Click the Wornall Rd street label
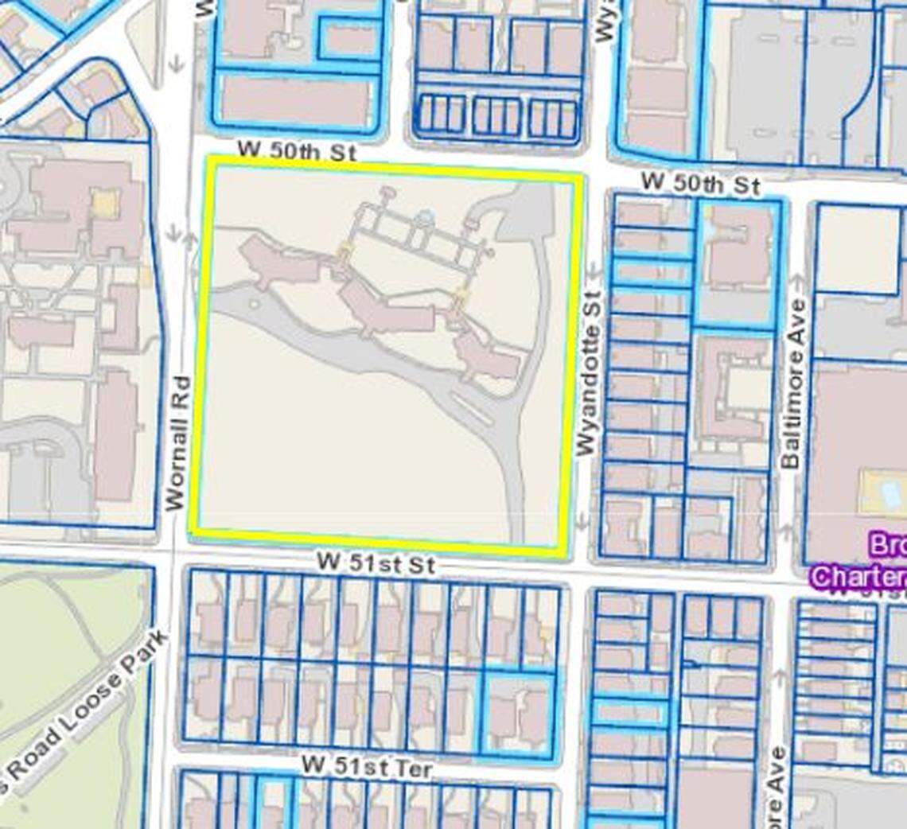[177, 443]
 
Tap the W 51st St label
[376, 563]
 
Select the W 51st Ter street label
[367, 768]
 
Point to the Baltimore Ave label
[792, 384]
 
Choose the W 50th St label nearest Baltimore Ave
[700, 184]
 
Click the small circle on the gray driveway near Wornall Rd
[254, 303]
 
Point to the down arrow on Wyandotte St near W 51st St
[582, 520]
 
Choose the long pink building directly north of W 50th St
[296, 102]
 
